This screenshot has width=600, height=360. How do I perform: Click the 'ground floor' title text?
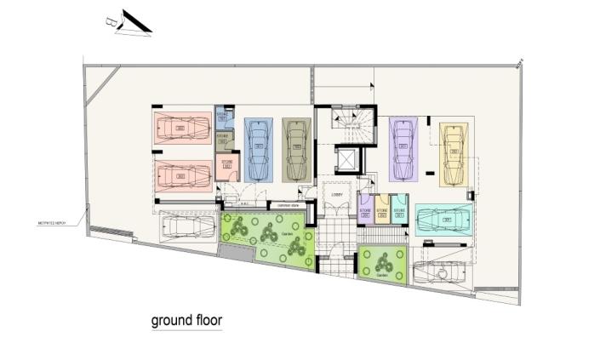(x=186, y=321)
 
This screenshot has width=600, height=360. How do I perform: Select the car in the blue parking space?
(x=258, y=149)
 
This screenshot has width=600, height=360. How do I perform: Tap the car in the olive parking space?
(x=296, y=149)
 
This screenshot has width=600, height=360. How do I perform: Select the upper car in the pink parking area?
(x=181, y=128)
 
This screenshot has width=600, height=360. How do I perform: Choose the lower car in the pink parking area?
(x=181, y=176)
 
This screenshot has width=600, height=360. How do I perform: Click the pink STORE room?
(x=227, y=166)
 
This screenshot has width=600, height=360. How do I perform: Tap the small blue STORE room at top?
(x=223, y=117)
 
